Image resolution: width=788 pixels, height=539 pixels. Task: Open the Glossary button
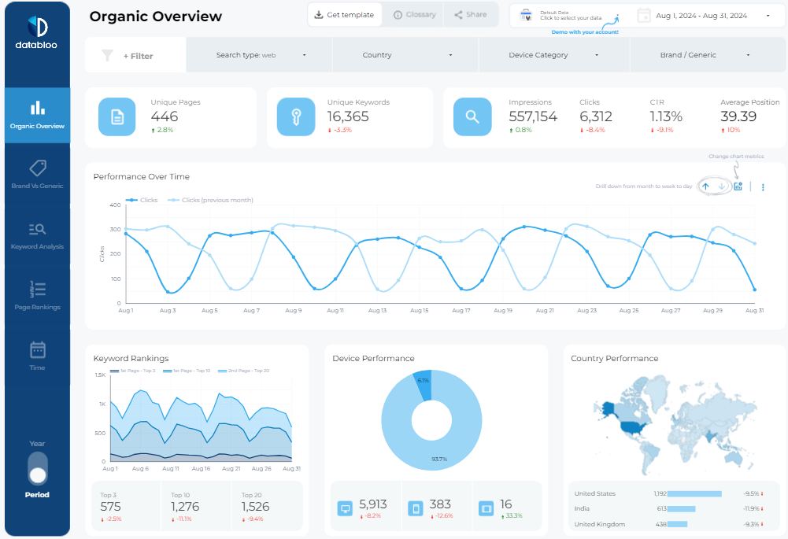coord(414,15)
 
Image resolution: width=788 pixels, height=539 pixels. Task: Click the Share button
coord(471,15)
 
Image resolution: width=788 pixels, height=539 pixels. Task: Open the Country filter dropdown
coord(407,55)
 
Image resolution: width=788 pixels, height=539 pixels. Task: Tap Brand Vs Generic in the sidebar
coord(37,175)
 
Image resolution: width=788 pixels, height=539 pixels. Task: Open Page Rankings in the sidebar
coord(37,296)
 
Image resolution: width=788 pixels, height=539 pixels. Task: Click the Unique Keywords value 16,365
coord(348,116)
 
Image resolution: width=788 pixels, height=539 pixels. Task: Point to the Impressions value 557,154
coord(533,116)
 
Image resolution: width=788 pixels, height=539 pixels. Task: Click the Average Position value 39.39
coord(738,116)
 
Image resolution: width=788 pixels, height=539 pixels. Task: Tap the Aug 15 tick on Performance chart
coord(420,311)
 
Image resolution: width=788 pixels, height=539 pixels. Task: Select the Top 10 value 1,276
coord(185,507)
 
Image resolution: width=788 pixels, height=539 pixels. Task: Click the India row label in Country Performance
coord(583,509)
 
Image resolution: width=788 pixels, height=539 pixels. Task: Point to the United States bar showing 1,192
coord(695,494)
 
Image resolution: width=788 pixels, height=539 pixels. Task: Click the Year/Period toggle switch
coord(37,468)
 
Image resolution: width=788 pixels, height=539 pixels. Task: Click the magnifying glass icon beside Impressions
coord(472,117)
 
